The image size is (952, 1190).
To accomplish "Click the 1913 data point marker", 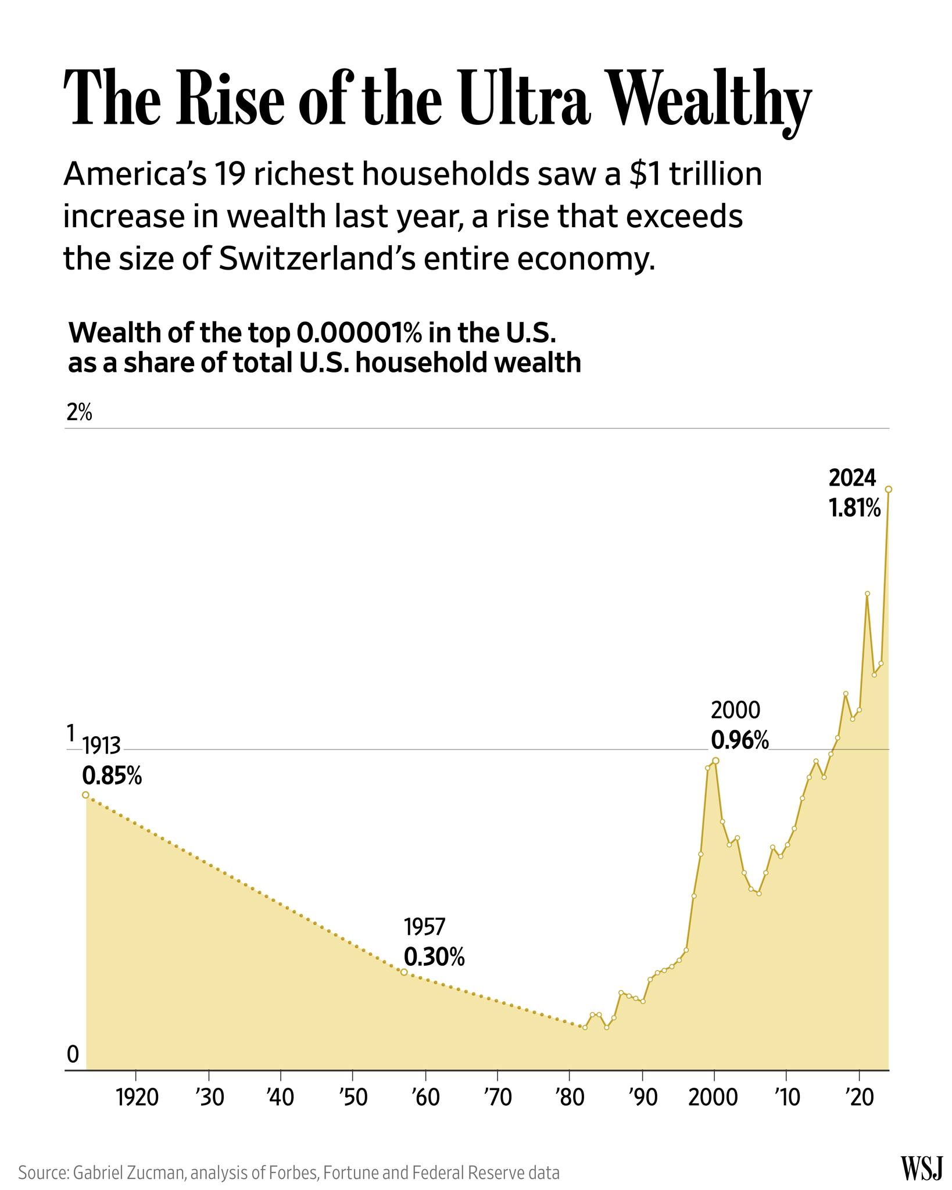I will [85, 795].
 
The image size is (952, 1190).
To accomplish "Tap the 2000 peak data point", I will [715, 761].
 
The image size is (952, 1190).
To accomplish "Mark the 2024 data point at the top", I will [888, 489].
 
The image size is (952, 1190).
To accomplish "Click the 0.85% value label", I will [112, 776].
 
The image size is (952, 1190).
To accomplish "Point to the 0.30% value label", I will [434, 957].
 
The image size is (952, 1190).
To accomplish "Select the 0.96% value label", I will [740, 741].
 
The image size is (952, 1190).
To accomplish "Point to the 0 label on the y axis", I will [73, 1054].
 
